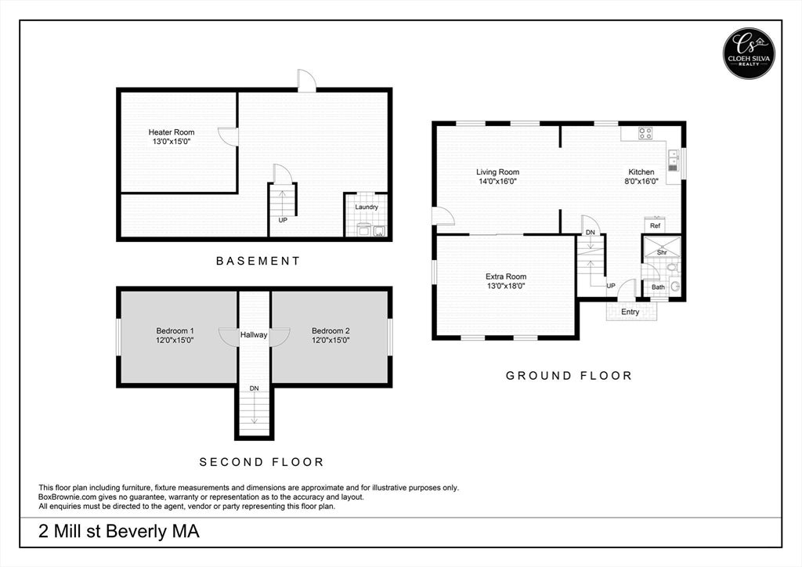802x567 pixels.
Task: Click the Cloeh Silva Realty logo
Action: [x=749, y=53]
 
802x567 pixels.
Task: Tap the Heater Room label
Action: [x=172, y=132]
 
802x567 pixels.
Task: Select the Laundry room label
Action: [x=367, y=207]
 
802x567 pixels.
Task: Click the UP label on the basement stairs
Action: [x=283, y=220]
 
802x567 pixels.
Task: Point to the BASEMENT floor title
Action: [x=258, y=261]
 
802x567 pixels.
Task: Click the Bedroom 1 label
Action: [x=175, y=330]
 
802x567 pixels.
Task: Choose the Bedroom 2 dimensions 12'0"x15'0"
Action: [x=331, y=340]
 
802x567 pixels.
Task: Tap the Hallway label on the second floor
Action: [x=254, y=335]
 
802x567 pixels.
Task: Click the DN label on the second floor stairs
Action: [x=255, y=388]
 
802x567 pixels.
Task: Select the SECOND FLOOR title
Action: [x=262, y=462]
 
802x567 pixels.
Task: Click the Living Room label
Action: [x=497, y=172]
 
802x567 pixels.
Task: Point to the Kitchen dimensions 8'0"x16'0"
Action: [x=641, y=181]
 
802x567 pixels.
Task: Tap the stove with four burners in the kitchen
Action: [x=645, y=133]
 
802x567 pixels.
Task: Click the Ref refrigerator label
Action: [x=656, y=226]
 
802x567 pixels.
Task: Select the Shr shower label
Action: [x=662, y=253]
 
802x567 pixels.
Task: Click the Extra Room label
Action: [x=506, y=276]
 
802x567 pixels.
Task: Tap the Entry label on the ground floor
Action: [x=630, y=312]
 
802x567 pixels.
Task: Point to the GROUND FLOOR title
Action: [x=569, y=376]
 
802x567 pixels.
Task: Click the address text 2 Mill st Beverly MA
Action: [x=119, y=532]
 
